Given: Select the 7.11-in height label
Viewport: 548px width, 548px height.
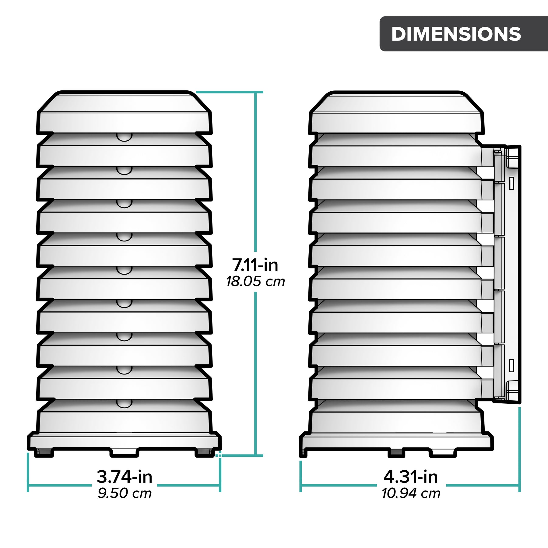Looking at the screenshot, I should click(x=255, y=265).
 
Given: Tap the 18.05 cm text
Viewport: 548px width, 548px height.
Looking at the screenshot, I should click(x=255, y=282).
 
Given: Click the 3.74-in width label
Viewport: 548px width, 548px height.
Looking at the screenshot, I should click(x=125, y=477).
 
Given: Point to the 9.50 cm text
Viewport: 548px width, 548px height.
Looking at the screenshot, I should click(x=125, y=494).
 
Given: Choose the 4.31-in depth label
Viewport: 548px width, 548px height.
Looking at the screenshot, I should click(x=411, y=477).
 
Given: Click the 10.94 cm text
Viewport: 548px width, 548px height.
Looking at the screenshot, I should click(x=411, y=494).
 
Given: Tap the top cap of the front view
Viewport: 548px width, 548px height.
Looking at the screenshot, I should click(x=124, y=113).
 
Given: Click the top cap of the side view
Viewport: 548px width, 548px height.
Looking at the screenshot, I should click(x=396, y=113).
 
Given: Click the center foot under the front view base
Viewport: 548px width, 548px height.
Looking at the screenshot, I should click(x=124, y=452).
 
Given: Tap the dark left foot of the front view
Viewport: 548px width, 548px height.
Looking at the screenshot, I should click(x=44, y=453).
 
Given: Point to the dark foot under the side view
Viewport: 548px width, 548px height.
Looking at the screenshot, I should click(x=396, y=453).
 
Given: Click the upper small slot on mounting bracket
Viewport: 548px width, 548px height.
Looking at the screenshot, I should click(x=511, y=183).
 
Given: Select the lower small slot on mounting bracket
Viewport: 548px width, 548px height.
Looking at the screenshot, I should click(x=511, y=365).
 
